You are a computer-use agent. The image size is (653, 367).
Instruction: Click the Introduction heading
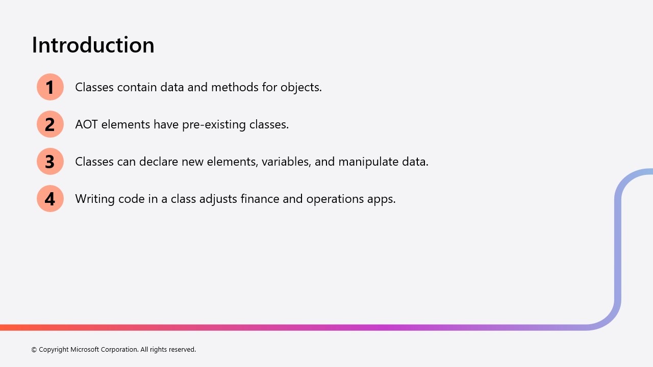[93, 45]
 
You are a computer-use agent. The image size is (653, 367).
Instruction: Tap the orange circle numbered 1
[50, 87]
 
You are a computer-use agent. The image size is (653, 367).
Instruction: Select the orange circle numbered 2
[50, 124]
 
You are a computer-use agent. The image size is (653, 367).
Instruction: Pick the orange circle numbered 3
[50, 162]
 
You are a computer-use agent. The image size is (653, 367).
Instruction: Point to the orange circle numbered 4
[50, 199]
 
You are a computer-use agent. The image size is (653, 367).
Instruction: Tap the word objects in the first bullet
[301, 88]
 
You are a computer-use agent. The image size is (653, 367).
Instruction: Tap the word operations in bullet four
[335, 199]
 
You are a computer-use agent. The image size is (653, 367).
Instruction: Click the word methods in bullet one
[235, 87]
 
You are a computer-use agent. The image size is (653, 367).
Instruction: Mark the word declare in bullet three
[159, 162]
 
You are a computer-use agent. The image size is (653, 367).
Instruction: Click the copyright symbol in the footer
[34, 350]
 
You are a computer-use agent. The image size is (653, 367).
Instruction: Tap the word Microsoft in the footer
[85, 349]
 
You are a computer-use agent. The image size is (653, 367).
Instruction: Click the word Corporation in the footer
[119, 350]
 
